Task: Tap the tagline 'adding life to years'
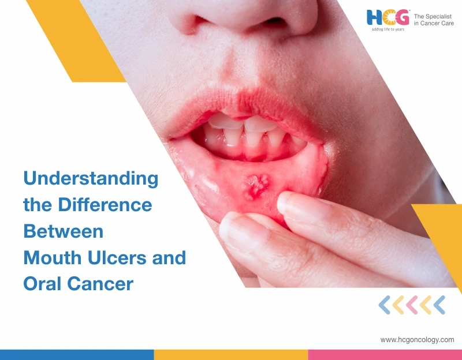pyautogui.click(x=387, y=29)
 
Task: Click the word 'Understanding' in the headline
pyautogui.click(x=91, y=178)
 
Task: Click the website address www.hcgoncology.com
pyautogui.click(x=417, y=340)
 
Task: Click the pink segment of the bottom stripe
pyautogui.click(x=385, y=354)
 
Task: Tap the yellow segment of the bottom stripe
pyautogui.click(x=231, y=354)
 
